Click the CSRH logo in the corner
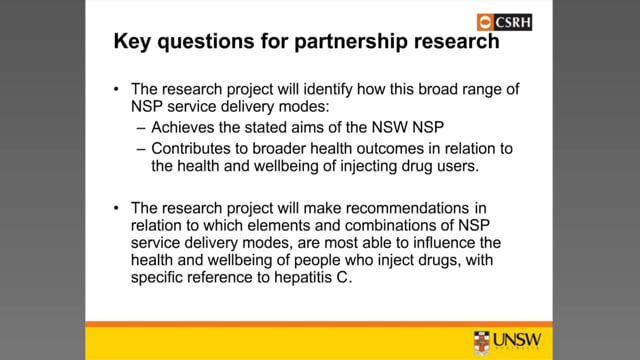click(x=504, y=22)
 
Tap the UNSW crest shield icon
click(x=482, y=342)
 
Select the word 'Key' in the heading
click(x=132, y=42)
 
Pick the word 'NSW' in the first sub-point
click(x=389, y=127)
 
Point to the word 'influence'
click(x=444, y=243)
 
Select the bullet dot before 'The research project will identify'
click(x=116, y=89)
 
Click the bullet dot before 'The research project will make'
click(x=116, y=208)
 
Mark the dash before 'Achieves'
click(x=141, y=128)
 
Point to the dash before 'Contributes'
click(x=141, y=149)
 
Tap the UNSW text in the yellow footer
click(x=517, y=340)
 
